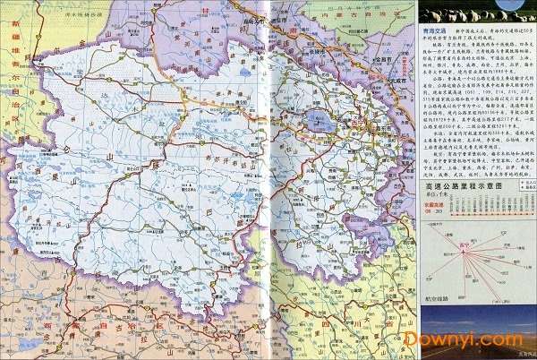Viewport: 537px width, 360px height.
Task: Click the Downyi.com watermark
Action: point(463,339)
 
